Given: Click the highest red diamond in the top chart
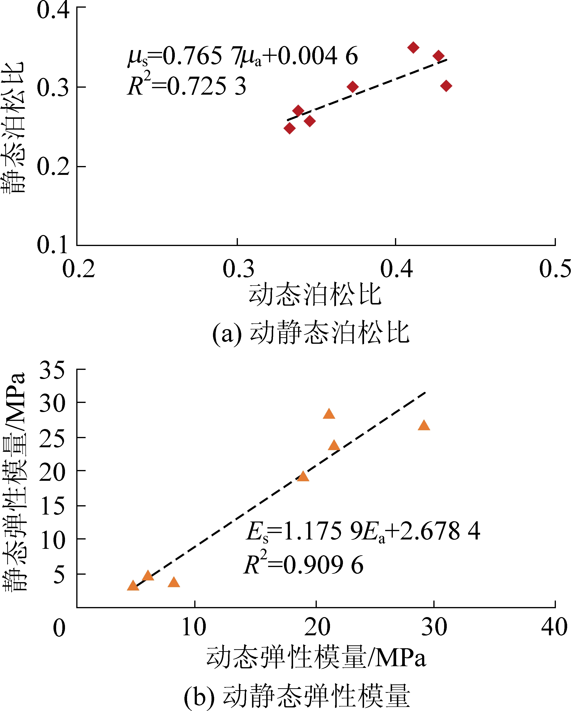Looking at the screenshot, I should point(413,47).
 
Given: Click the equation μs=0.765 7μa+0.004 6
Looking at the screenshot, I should point(243,56).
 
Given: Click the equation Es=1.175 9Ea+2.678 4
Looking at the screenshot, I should point(363,531).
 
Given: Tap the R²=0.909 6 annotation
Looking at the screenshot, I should point(304,565).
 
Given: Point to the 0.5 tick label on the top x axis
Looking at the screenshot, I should point(554,269).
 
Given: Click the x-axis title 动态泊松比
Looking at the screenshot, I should point(315,294).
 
